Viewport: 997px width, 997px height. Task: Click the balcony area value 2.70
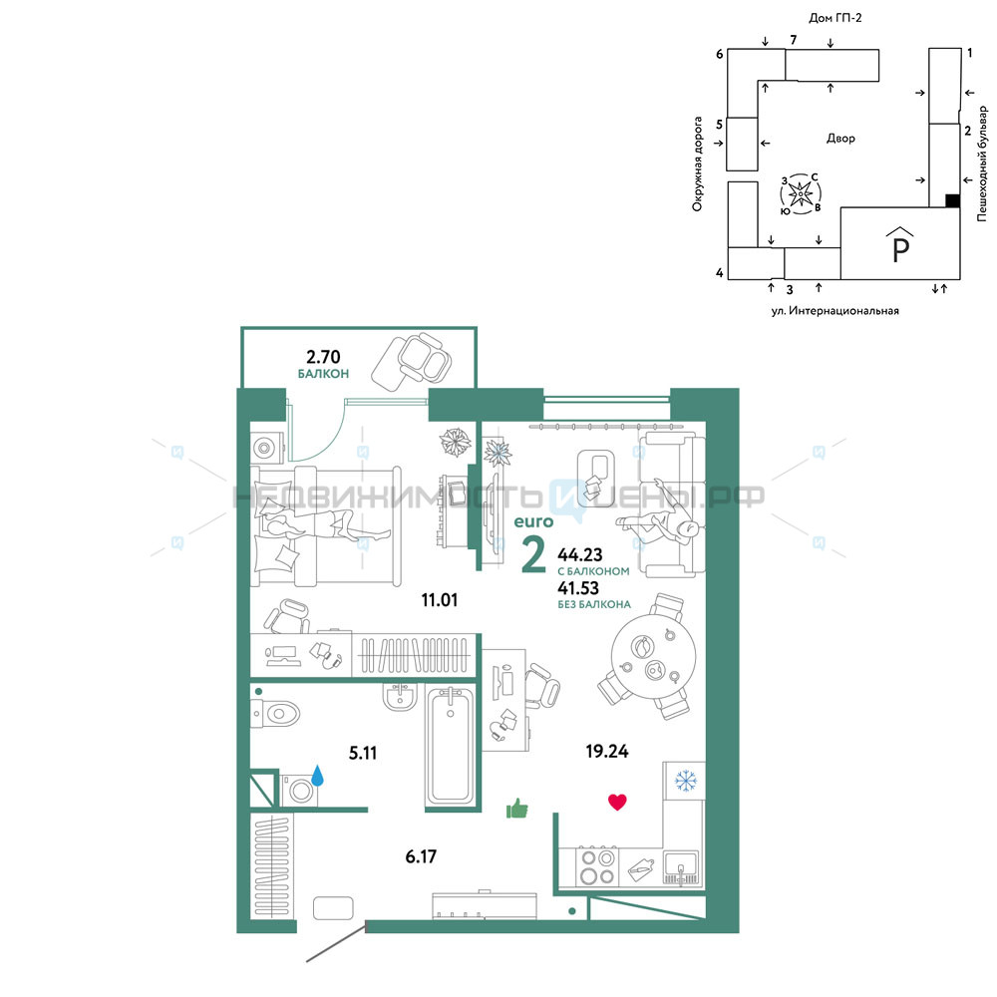(x=323, y=357)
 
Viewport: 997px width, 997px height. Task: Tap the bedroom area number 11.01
(x=440, y=599)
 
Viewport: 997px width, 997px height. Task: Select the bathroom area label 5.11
(x=363, y=753)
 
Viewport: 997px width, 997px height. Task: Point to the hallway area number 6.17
(x=421, y=856)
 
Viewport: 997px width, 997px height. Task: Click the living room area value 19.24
(x=607, y=751)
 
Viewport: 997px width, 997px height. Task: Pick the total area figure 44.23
(x=580, y=554)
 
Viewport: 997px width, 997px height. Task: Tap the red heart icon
(x=617, y=802)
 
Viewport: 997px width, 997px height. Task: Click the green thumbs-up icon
(x=516, y=809)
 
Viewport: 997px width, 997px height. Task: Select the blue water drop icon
(x=317, y=775)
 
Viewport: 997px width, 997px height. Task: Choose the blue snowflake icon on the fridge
(x=686, y=781)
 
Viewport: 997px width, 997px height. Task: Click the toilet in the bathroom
(x=275, y=714)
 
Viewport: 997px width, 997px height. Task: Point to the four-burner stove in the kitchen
(x=597, y=866)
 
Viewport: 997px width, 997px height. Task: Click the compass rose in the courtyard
(x=801, y=193)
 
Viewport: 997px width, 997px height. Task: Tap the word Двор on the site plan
(x=840, y=138)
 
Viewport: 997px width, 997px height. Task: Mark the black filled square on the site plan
(x=952, y=200)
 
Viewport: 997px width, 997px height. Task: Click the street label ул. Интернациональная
(x=834, y=311)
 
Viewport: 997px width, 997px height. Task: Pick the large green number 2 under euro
(x=533, y=553)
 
